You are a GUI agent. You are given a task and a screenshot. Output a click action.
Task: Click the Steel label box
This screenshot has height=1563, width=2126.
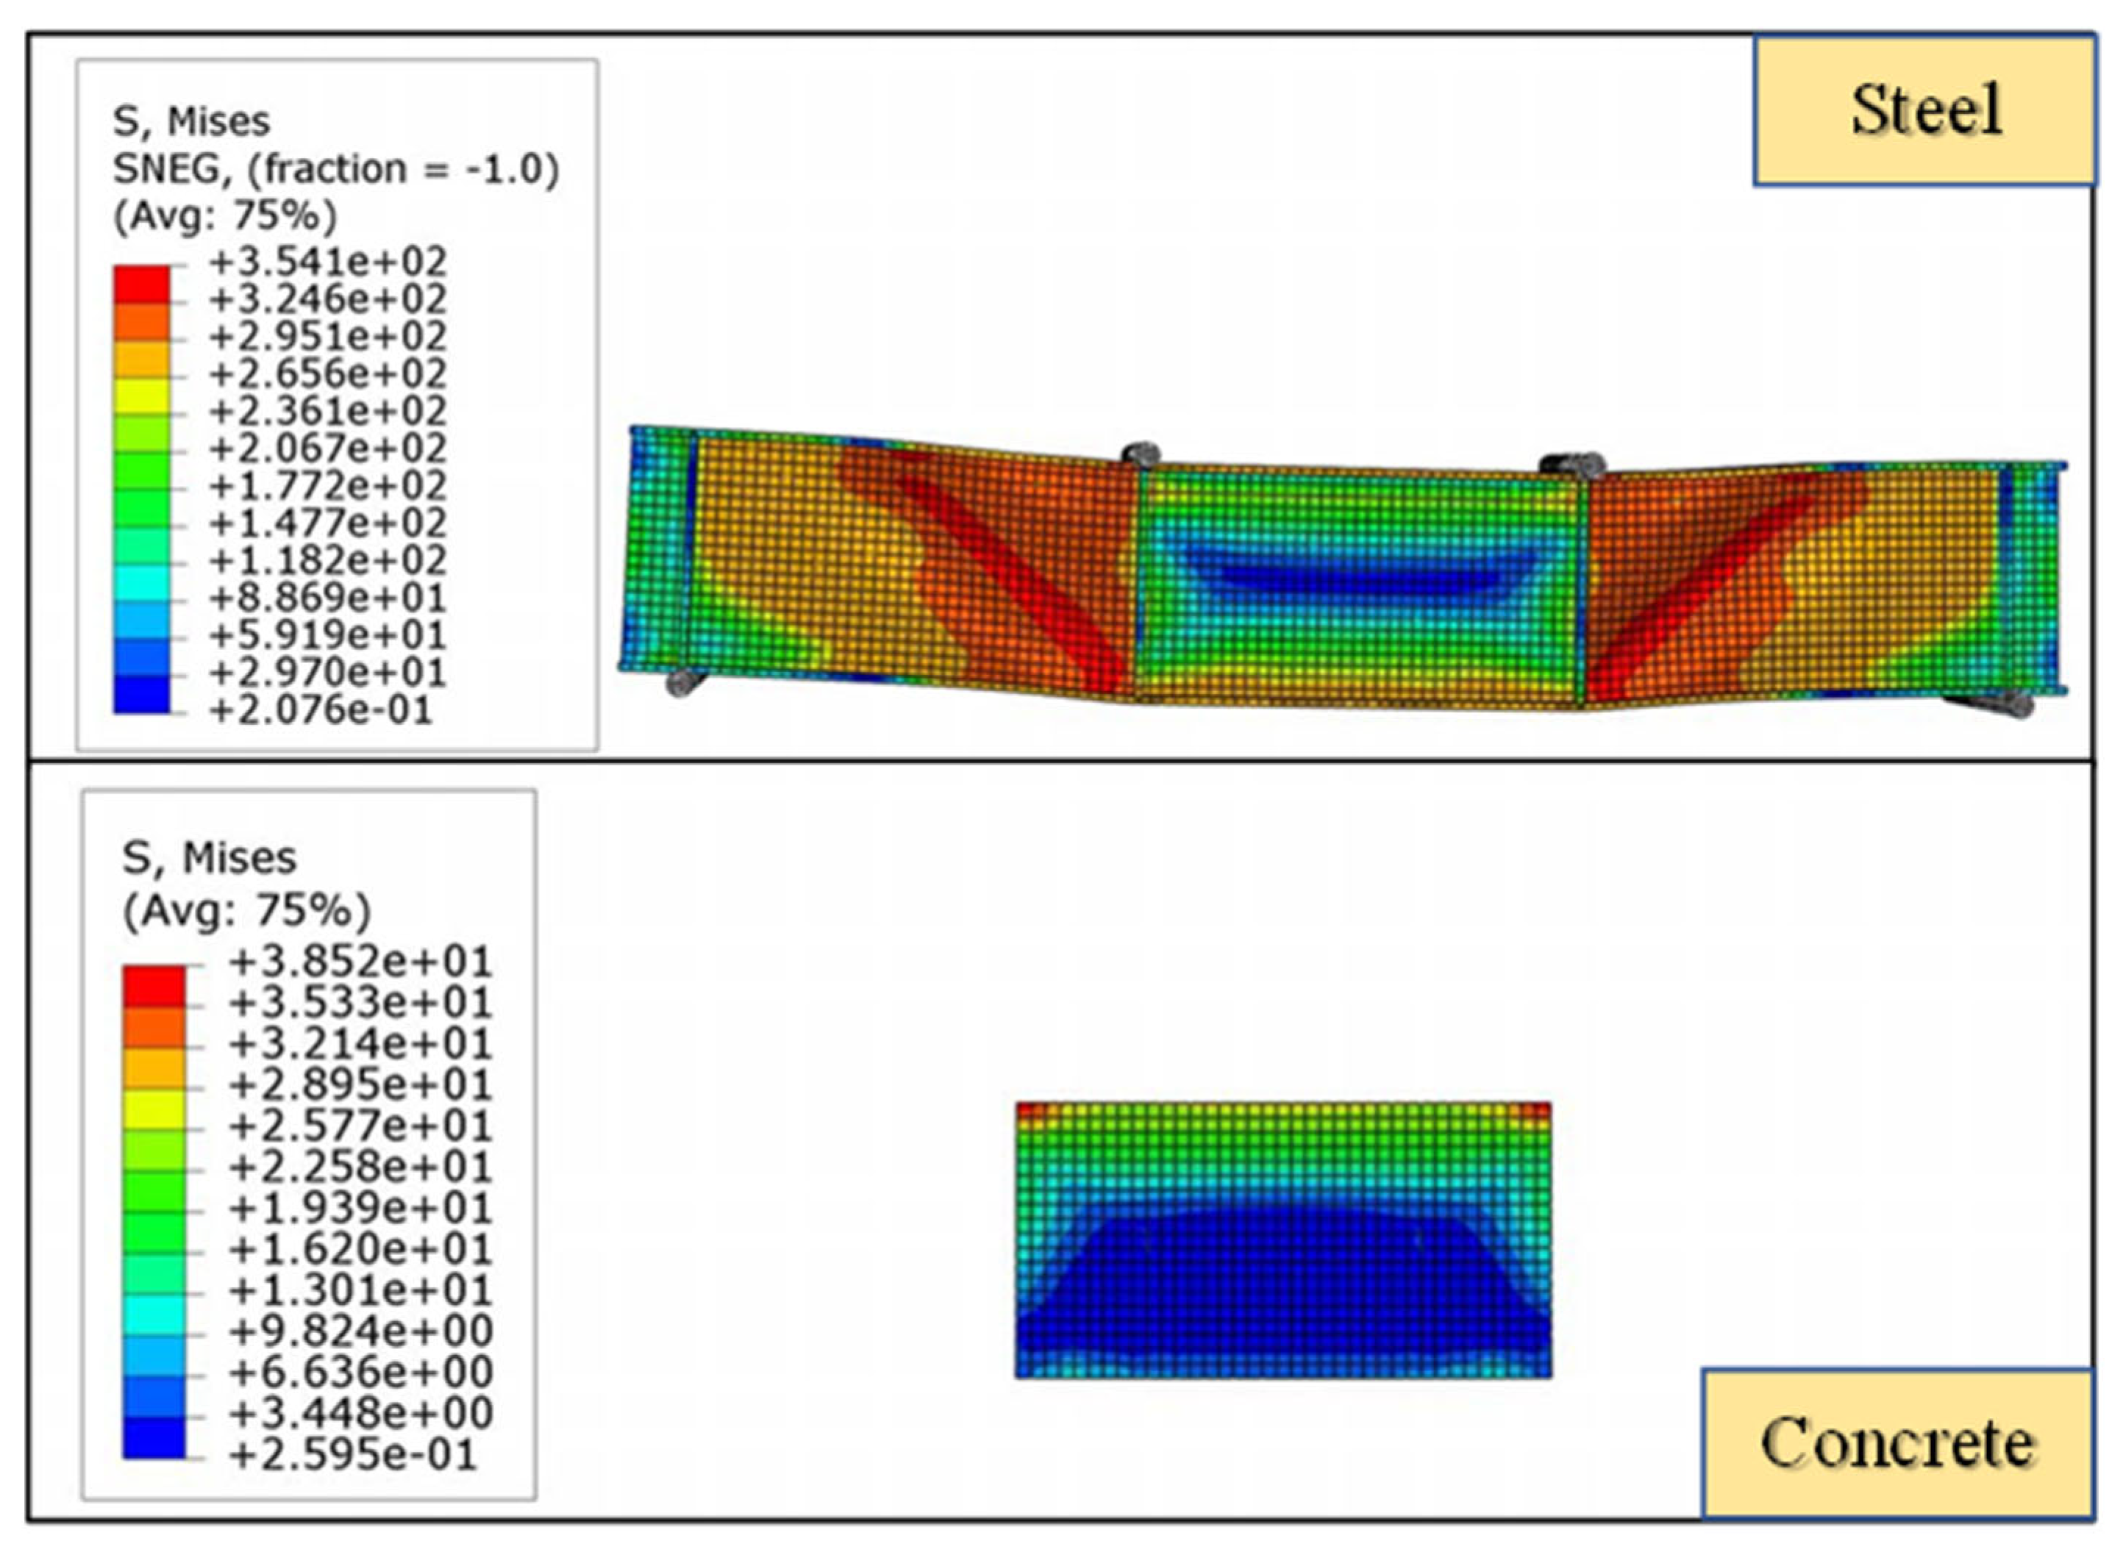1925,111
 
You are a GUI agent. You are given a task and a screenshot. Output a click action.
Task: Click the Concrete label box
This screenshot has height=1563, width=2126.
1897,1444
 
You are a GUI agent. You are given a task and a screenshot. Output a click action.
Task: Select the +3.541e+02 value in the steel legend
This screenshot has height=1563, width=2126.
327,262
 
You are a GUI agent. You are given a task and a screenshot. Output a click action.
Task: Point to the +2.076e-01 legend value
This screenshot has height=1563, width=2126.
321,709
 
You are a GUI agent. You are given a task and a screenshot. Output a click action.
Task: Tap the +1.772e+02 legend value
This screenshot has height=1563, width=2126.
327,485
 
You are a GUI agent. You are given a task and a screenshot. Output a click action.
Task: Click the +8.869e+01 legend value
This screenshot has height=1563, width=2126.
327,598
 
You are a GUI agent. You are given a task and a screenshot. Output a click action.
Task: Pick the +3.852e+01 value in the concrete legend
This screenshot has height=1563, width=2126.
360,962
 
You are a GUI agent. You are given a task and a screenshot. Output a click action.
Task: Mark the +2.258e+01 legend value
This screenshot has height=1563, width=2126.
360,1167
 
